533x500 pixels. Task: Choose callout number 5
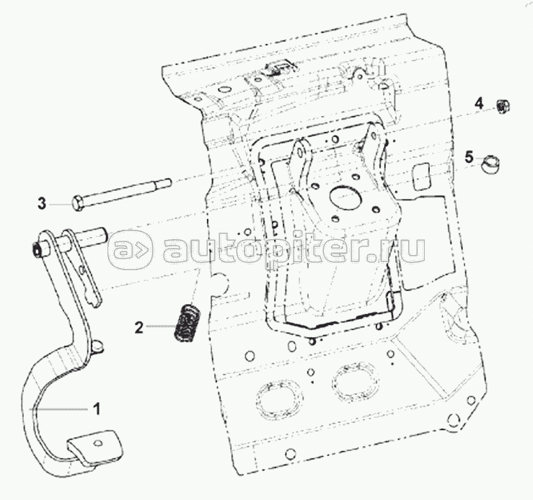point(469,156)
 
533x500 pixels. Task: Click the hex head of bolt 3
point(79,202)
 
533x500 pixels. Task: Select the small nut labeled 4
point(503,107)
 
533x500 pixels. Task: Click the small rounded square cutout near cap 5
point(420,174)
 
